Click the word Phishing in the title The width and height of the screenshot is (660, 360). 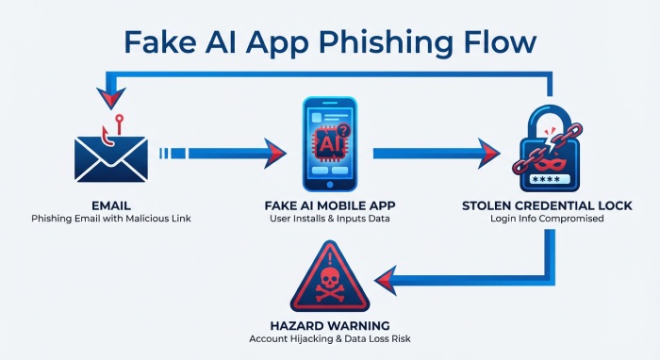337,41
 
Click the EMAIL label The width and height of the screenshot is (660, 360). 110,205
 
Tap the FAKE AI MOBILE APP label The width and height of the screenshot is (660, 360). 330,205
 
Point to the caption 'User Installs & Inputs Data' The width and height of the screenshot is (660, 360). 330,220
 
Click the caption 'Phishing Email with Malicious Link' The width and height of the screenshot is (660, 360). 110,220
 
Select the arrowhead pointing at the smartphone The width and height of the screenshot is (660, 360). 274,151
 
